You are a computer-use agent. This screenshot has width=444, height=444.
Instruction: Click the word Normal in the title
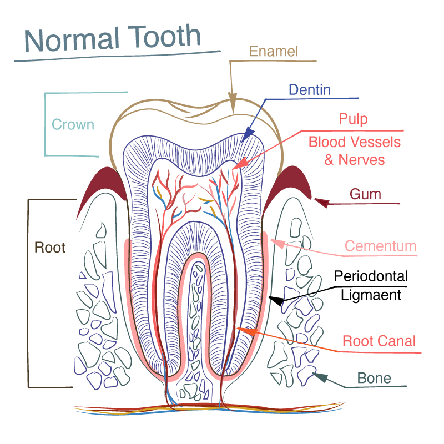coord(72,39)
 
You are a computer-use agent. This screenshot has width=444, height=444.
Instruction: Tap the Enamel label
coord(274,52)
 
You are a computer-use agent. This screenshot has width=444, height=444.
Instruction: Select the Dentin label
coord(310,89)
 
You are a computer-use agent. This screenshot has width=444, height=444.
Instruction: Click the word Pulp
coord(354,119)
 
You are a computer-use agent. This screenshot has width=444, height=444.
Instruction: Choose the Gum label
coord(365,194)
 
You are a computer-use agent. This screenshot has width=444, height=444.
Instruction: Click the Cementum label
coord(381,246)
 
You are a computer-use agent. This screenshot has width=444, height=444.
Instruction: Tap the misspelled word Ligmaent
coord(371,295)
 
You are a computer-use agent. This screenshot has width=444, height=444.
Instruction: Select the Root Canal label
coord(379,341)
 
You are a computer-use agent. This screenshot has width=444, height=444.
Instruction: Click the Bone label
coord(374,379)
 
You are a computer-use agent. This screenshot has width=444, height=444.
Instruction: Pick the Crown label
coord(73,124)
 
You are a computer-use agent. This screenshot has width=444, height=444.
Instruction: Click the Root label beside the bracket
coord(50,248)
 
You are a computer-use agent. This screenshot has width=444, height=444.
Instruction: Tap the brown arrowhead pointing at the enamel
coord(233,103)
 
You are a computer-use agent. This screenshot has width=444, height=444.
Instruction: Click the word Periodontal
coord(371,276)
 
